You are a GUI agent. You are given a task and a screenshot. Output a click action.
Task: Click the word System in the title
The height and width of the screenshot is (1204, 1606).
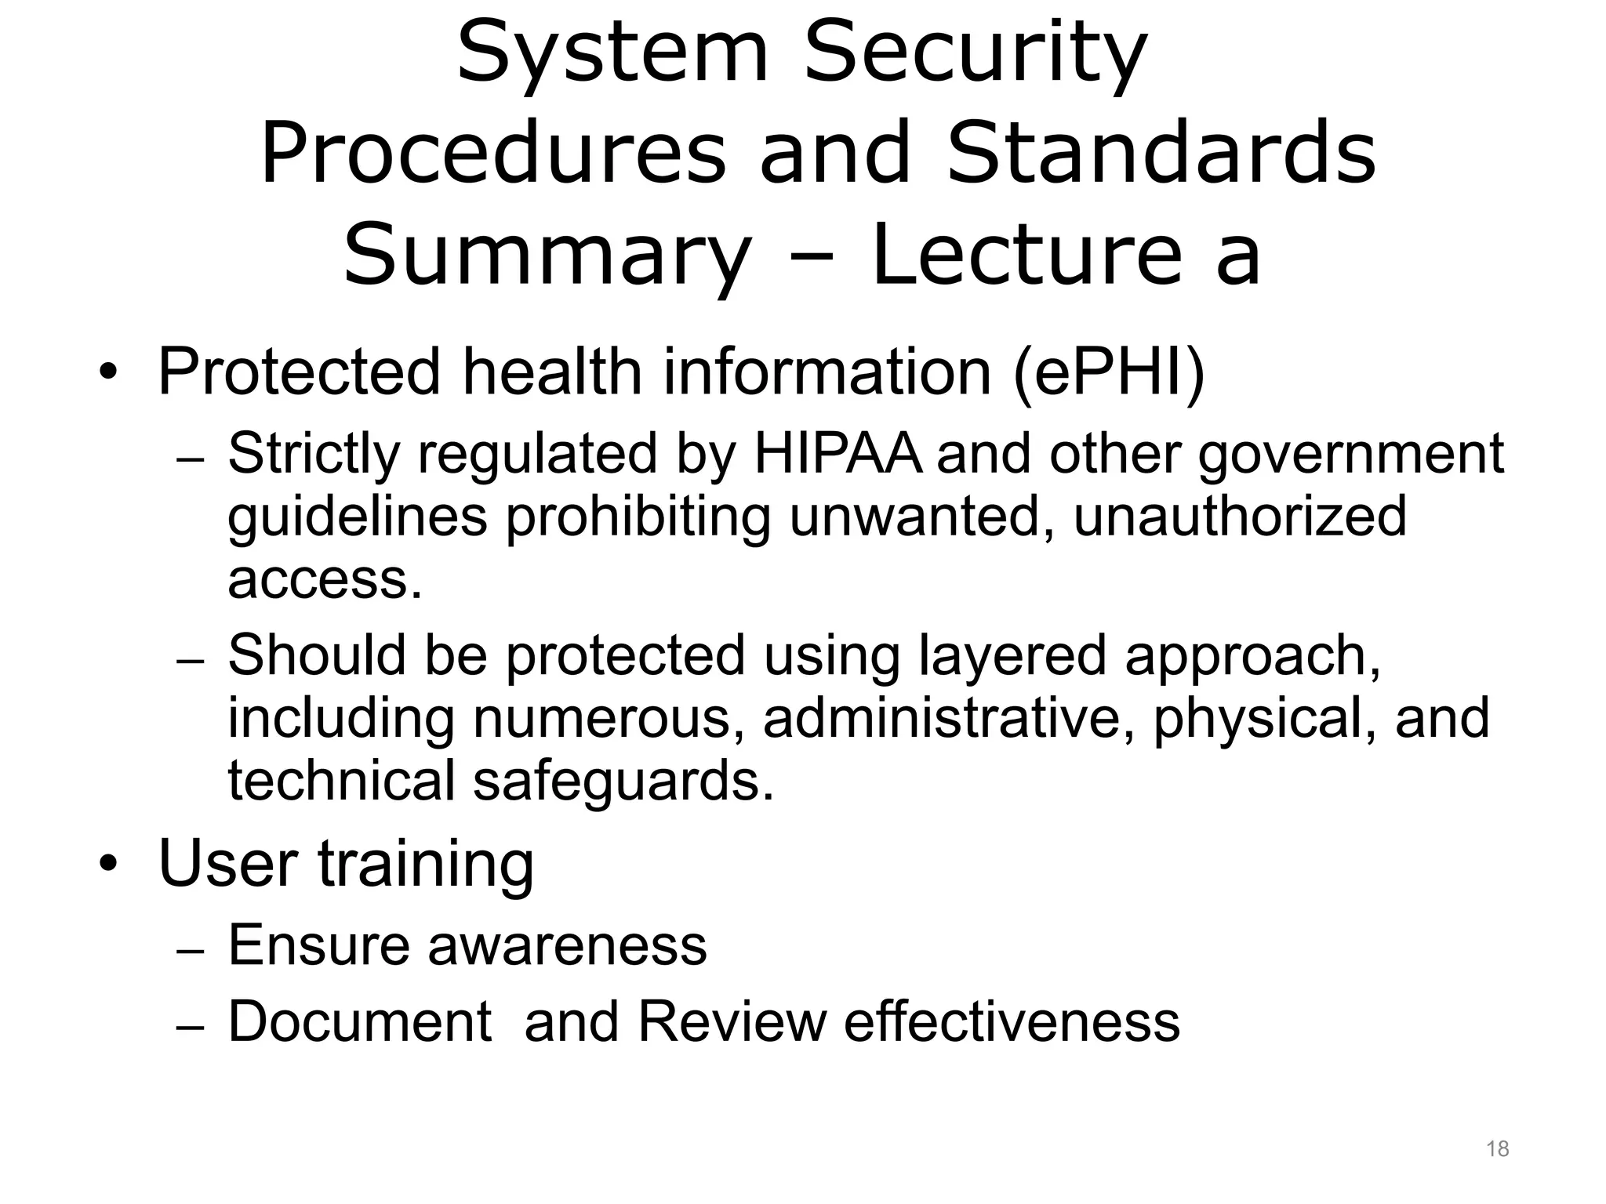point(612,53)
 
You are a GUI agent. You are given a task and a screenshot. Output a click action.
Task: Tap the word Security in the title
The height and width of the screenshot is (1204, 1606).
point(976,53)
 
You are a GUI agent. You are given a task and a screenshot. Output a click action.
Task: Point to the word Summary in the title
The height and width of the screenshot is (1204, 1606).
point(547,256)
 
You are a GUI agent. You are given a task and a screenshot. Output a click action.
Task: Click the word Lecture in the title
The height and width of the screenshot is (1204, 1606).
point(1026,254)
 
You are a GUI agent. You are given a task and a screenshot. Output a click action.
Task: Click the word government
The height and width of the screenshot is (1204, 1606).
point(1350,455)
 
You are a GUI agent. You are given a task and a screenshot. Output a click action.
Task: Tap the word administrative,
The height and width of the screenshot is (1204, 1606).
point(949,718)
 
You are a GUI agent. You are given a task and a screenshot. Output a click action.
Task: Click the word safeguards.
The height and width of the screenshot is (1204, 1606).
point(623,781)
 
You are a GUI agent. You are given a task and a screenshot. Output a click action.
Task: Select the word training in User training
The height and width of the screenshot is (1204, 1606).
point(425,865)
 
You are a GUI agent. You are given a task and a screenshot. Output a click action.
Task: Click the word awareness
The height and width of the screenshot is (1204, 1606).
point(567,945)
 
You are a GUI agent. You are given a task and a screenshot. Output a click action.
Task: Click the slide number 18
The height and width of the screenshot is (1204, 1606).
point(1497,1149)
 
